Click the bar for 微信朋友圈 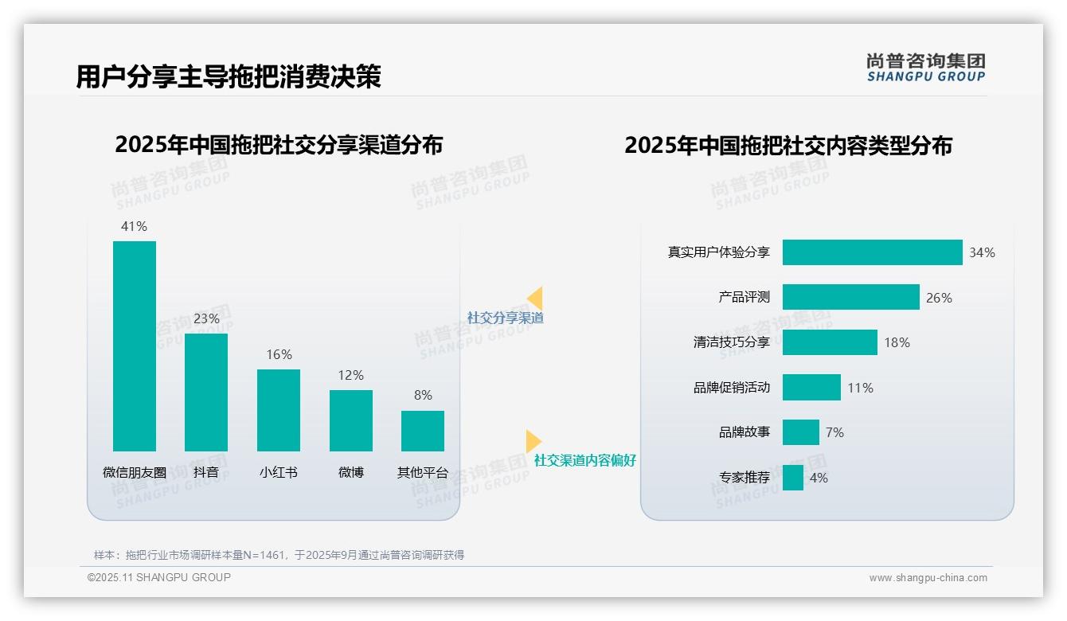click(x=135, y=346)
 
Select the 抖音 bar click(x=206, y=393)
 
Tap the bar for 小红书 click(x=279, y=410)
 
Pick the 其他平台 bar click(x=423, y=431)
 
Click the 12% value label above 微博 click(x=350, y=375)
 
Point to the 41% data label click(x=134, y=226)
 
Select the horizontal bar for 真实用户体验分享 click(x=872, y=252)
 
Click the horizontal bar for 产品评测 click(x=850, y=297)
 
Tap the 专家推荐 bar click(x=792, y=478)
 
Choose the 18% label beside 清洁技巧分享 click(x=897, y=342)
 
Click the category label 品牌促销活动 click(x=732, y=388)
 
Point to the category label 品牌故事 click(x=745, y=432)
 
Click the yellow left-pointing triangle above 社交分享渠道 click(x=535, y=299)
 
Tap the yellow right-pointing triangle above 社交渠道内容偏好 click(x=533, y=441)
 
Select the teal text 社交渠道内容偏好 click(x=585, y=460)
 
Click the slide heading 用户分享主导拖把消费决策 click(x=229, y=76)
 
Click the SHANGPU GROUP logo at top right click(x=925, y=68)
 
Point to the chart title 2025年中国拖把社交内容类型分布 click(x=788, y=146)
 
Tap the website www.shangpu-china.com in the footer click(x=928, y=578)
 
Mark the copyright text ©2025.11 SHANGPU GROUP click(x=159, y=577)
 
